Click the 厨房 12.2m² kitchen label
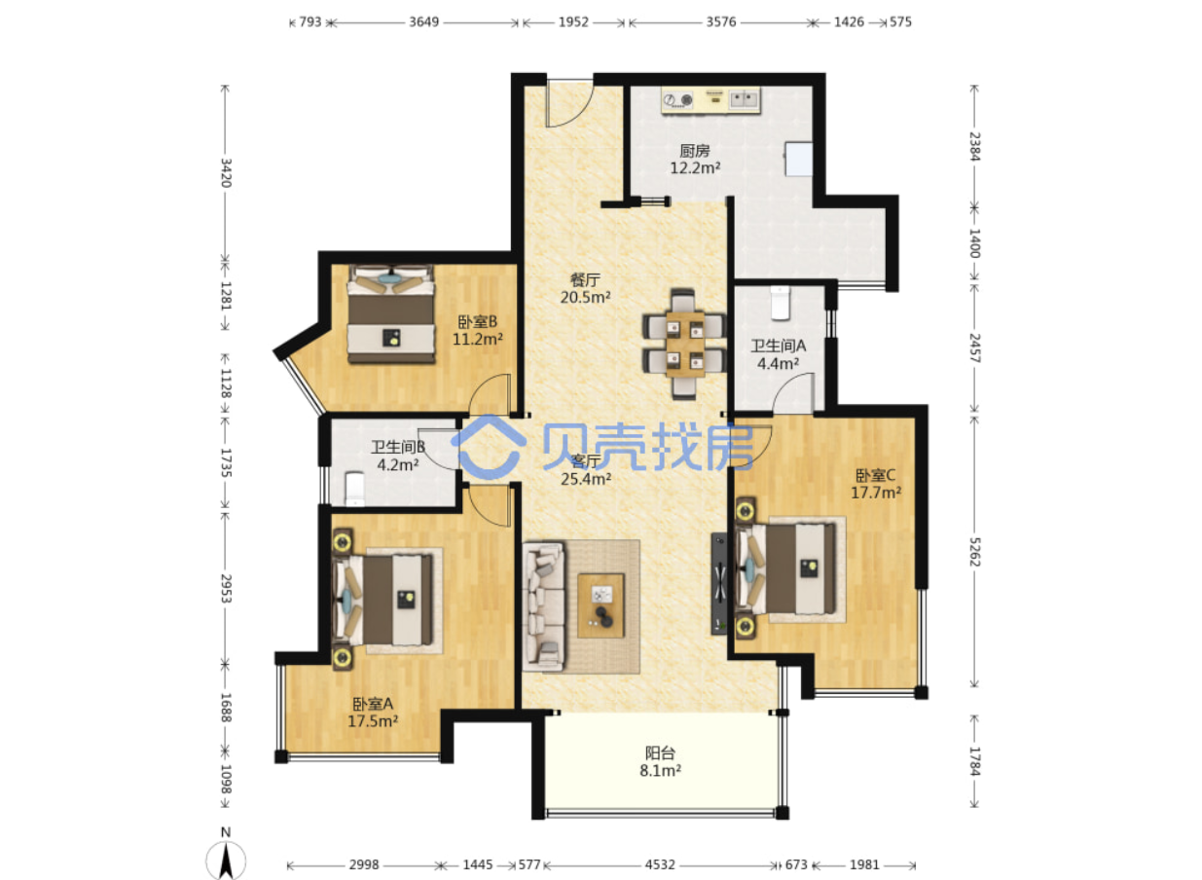(x=695, y=160)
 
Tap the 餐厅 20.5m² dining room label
(x=586, y=288)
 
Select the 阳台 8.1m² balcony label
(x=660, y=762)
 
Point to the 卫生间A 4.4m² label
(x=778, y=354)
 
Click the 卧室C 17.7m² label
(x=876, y=484)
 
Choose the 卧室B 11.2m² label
(x=478, y=331)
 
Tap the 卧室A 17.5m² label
(x=373, y=712)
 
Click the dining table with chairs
(x=683, y=344)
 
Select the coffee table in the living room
(x=601, y=605)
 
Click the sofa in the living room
(x=544, y=606)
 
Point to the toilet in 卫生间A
(x=781, y=303)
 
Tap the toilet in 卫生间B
(x=354, y=489)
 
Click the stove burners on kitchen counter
(x=678, y=100)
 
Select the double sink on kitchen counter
(x=745, y=99)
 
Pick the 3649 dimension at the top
(x=424, y=22)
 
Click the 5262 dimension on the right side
(x=974, y=552)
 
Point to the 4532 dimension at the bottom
(x=660, y=864)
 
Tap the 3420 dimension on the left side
(x=226, y=172)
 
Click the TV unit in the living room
(x=719, y=584)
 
